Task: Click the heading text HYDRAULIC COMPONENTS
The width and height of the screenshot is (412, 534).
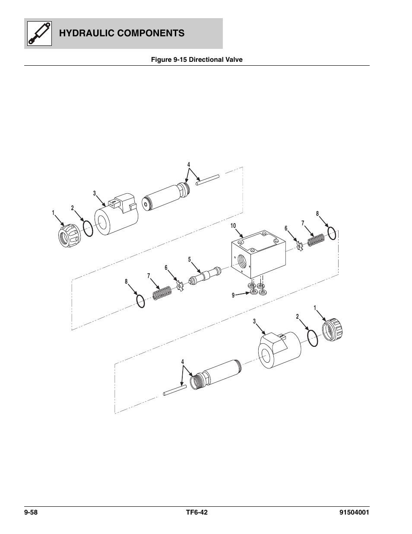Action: click(x=121, y=33)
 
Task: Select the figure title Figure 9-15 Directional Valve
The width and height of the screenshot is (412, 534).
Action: click(x=196, y=60)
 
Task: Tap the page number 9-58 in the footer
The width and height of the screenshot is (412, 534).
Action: click(x=32, y=513)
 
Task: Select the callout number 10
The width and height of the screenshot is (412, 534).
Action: click(x=233, y=226)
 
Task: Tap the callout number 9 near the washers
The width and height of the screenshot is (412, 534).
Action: click(x=233, y=295)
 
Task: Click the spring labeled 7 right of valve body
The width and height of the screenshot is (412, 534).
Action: click(x=316, y=240)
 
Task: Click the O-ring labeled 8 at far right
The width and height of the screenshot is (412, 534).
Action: click(x=332, y=233)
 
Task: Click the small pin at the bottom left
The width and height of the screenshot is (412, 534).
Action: click(x=174, y=390)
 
